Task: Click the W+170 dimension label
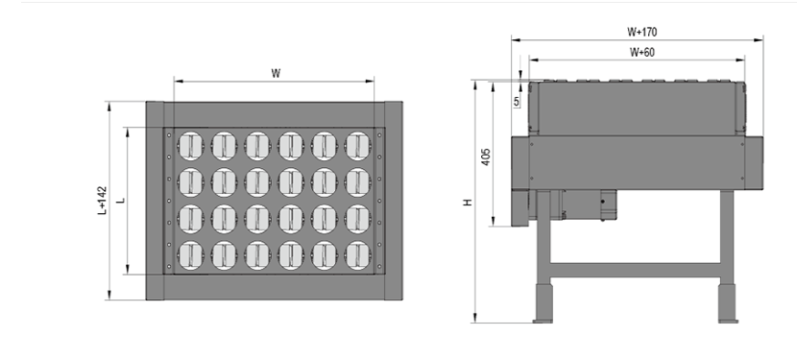(641, 32)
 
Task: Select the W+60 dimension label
(642, 53)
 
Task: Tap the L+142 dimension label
(102, 201)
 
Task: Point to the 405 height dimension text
(486, 156)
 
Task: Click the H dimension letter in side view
(468, 203)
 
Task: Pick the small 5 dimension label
(517, 101)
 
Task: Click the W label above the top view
(276, 73)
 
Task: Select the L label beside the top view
(121, 201)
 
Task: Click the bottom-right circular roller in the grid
(357, 255)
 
